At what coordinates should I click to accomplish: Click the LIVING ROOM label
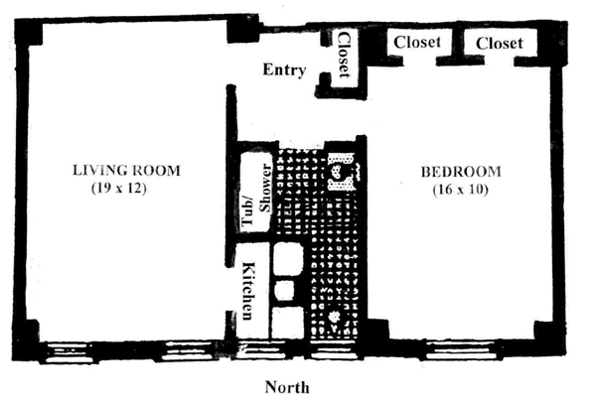coord(127,170)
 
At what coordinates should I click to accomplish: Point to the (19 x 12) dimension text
coord(118,188)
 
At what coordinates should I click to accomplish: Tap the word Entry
coord(283,69)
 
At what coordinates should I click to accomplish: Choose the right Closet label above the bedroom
coord(499,43)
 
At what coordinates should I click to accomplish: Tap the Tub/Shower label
coord(255,196)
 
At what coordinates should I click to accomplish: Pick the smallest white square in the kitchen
coord(285,290)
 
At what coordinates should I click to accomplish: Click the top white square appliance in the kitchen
coord(287,259)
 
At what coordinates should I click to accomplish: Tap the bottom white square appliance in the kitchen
coord(287,321)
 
